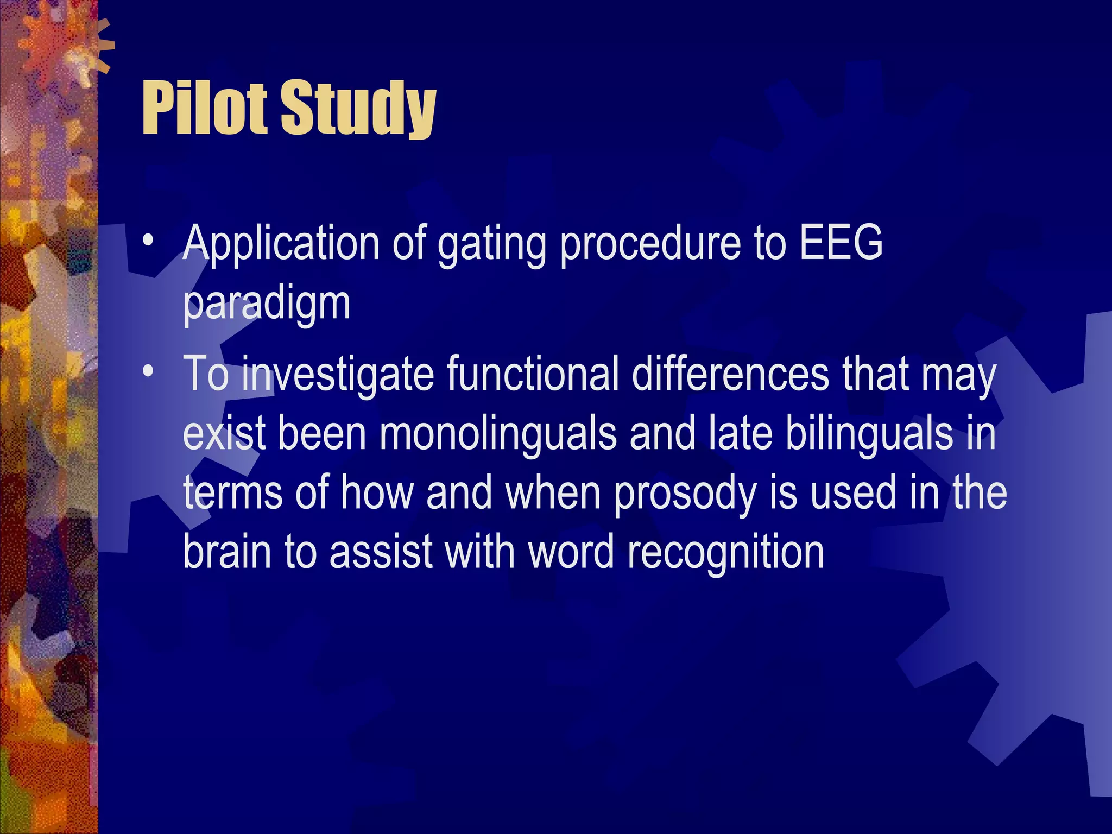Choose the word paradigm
click(x=267, y=304)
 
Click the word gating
click(x=491, y=245)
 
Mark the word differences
click(x=730, y=375)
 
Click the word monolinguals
click(x=498, y=434)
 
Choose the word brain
click(x=227, y=552)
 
